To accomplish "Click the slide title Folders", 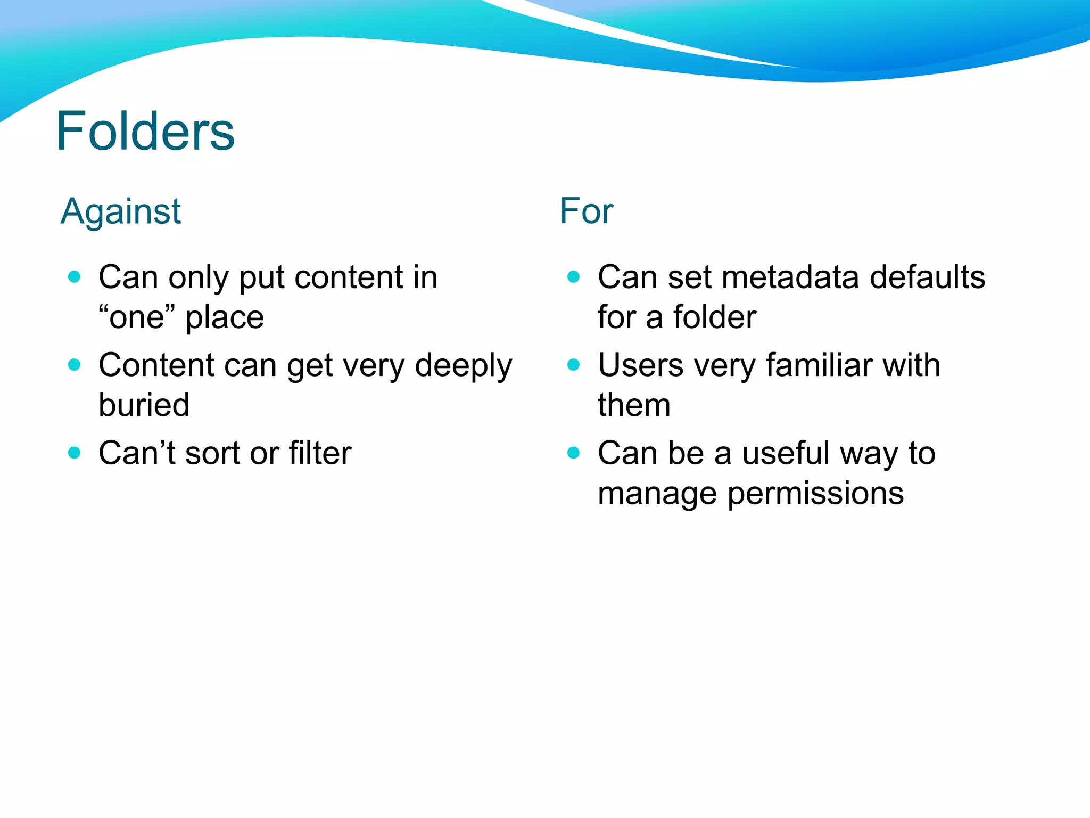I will point(145,131).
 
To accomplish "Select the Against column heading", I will point(121,211).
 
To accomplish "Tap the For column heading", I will point(586,211).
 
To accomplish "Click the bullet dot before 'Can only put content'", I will point(75,276).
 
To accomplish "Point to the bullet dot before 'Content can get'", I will point(75,365).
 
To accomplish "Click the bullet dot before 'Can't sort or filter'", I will point(75,453).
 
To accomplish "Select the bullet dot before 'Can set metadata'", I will point(573,276).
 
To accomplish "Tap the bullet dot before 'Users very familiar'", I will point(573,365).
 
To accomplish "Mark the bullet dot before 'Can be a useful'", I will point(573,453).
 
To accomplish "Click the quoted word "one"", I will point(137,317).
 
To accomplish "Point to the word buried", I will point(144,405).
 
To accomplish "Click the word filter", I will point(320,453).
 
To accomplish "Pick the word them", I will point(633,405).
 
